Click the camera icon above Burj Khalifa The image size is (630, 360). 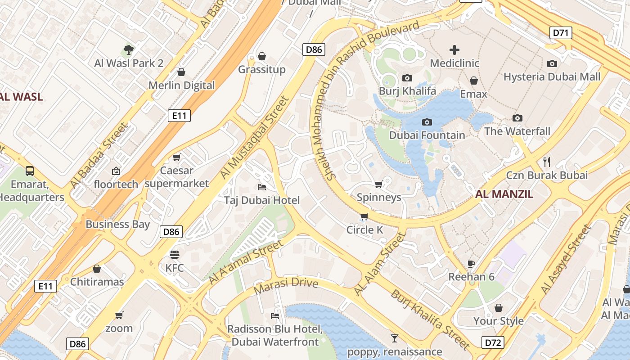[407, 78]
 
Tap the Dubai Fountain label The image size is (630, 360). [427, 135]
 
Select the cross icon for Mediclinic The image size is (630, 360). [454, 50]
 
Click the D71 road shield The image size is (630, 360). [561, 32]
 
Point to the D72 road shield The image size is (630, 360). [493, 342]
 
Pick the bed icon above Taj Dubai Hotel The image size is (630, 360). [262, 187]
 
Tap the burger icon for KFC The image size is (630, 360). [175, 255]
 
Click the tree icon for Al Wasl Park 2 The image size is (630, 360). [129, 49]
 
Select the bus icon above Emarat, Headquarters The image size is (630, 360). [30, 171]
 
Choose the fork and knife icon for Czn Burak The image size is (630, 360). [547, 162]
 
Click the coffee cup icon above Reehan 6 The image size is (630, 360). [471, 263]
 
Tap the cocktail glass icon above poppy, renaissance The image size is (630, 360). [395, 338]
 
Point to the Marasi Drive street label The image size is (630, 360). [286, 285]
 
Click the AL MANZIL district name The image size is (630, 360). [504, 194]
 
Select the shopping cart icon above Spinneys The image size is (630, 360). [379, 184]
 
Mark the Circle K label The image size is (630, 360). [364, 230]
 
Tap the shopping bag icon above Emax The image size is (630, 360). [473, 81]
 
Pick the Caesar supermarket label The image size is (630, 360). [177, 177]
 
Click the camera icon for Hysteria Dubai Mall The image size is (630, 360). [552, 64]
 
